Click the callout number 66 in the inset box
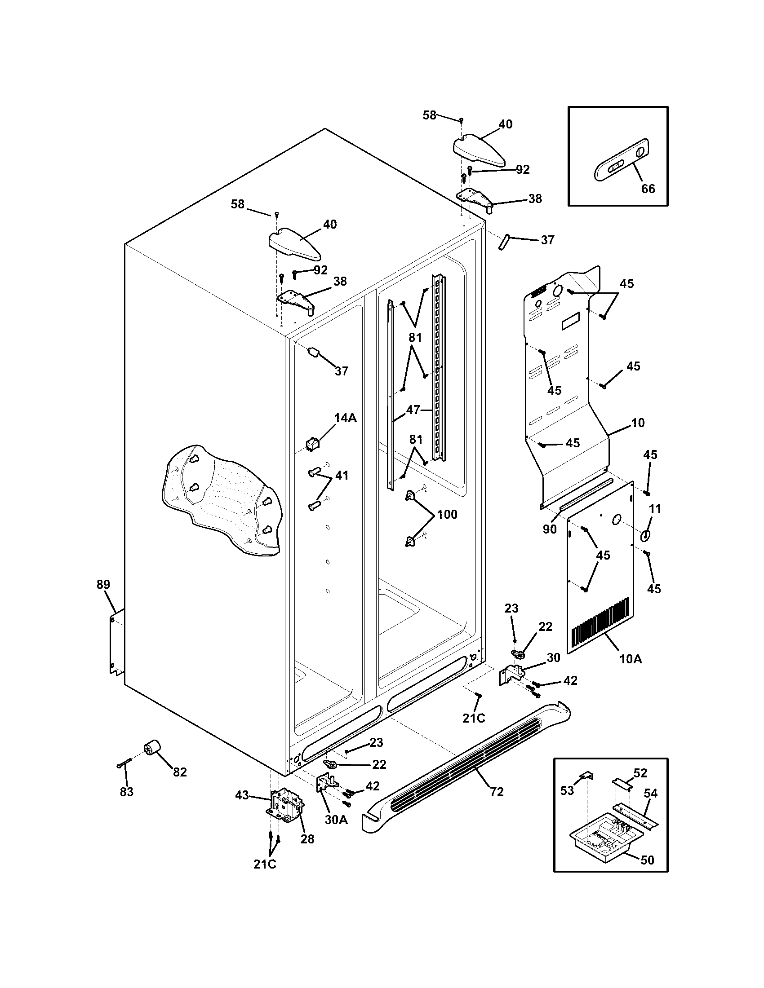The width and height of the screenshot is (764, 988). (648, 189)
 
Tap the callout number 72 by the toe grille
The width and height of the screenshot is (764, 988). (497, 792)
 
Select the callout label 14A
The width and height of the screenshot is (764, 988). (345, 418)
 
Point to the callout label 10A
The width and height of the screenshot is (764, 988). (631, 659)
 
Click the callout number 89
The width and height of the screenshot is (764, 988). (103, 584)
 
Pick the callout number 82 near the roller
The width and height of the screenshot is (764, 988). (180, 772)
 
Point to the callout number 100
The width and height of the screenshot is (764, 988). (447, 514)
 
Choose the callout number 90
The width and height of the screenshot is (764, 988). (550, 529)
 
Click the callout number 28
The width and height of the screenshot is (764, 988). (307, 839)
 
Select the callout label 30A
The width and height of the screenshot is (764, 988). (336, 819)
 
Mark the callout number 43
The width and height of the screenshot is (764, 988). (242, 795)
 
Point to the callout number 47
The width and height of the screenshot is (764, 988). (413, 410)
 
